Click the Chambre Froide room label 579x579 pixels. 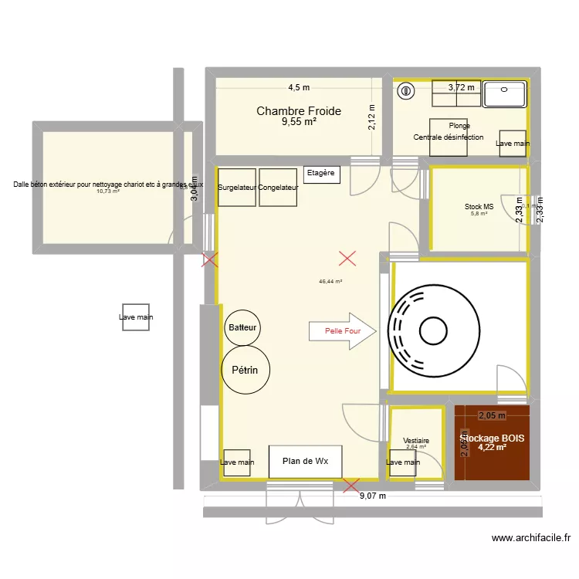point(298,111)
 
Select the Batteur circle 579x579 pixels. point(242,328)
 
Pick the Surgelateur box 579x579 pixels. point(237,188)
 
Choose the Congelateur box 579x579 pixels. point(278,188)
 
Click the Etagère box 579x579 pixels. point(320,173)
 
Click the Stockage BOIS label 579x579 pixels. point(492,438)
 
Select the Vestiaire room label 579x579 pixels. point(416,441)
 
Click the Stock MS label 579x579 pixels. point(479,207)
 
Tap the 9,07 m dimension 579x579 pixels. point(372,496)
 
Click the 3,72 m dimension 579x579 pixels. point(461,87)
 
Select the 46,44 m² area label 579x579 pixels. point(330,282)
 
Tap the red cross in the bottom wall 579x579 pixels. point(350,486)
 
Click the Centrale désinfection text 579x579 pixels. point(449,137)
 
